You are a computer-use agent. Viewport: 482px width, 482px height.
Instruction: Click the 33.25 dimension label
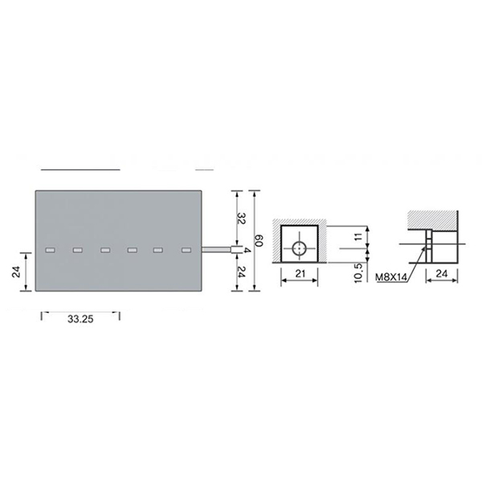click(80, 319)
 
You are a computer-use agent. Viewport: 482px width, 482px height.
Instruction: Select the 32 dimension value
click(241, 218)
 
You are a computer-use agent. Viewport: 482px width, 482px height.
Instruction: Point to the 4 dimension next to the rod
click(247, 250)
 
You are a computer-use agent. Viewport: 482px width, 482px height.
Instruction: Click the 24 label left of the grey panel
click(16, 272)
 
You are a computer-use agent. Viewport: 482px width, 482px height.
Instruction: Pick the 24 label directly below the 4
click(241, 272)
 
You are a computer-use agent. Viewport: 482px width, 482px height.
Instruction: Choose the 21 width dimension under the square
click(300, 273)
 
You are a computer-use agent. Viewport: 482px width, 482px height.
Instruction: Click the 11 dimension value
click(359, 237)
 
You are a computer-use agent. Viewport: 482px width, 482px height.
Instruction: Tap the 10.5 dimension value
click(359, 272)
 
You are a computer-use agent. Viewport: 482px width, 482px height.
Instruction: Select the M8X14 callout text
click(391, 277)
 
